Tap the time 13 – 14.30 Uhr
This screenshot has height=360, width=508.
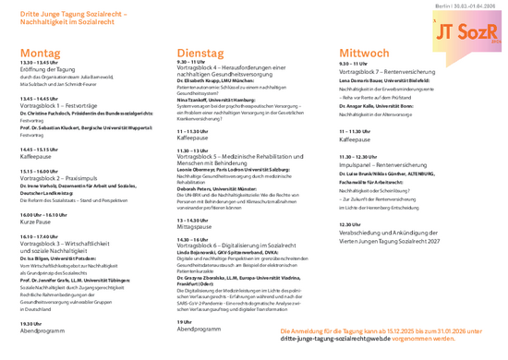pyautogui.click(x=197, y=220)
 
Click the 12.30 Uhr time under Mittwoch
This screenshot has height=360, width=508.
pyautogui.click(x=349, y=224)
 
